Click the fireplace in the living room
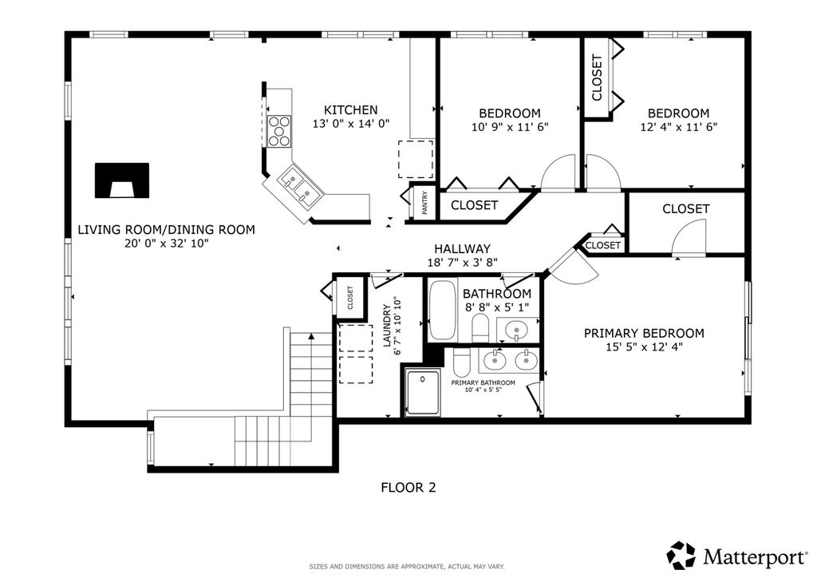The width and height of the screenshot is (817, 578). point(122,180)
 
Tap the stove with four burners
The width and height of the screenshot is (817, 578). point(278,131)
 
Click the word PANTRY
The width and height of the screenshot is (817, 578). point(424,202)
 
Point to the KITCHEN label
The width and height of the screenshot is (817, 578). point(351,110)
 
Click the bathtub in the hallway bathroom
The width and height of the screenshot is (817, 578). point(442,310)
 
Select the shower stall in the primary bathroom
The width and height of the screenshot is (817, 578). point(423,393)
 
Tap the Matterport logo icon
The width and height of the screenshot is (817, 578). point(681,556)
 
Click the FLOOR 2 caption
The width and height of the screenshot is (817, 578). point(408,487)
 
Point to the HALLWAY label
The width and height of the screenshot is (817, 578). point(462,249)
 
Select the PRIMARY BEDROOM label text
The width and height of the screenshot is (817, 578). point(644,333)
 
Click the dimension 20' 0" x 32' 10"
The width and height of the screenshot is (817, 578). point(166,243)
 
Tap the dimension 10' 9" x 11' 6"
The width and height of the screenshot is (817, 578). point(510,127)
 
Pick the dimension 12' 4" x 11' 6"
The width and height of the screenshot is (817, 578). point(679,127)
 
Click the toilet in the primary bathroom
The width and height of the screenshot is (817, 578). point(462,362)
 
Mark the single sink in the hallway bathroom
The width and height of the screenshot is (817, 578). point(516,330)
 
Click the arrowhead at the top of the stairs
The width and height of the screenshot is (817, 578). point(312,336)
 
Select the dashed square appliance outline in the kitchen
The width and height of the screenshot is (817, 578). point(416,159)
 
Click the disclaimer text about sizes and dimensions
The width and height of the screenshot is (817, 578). point(407,567)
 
